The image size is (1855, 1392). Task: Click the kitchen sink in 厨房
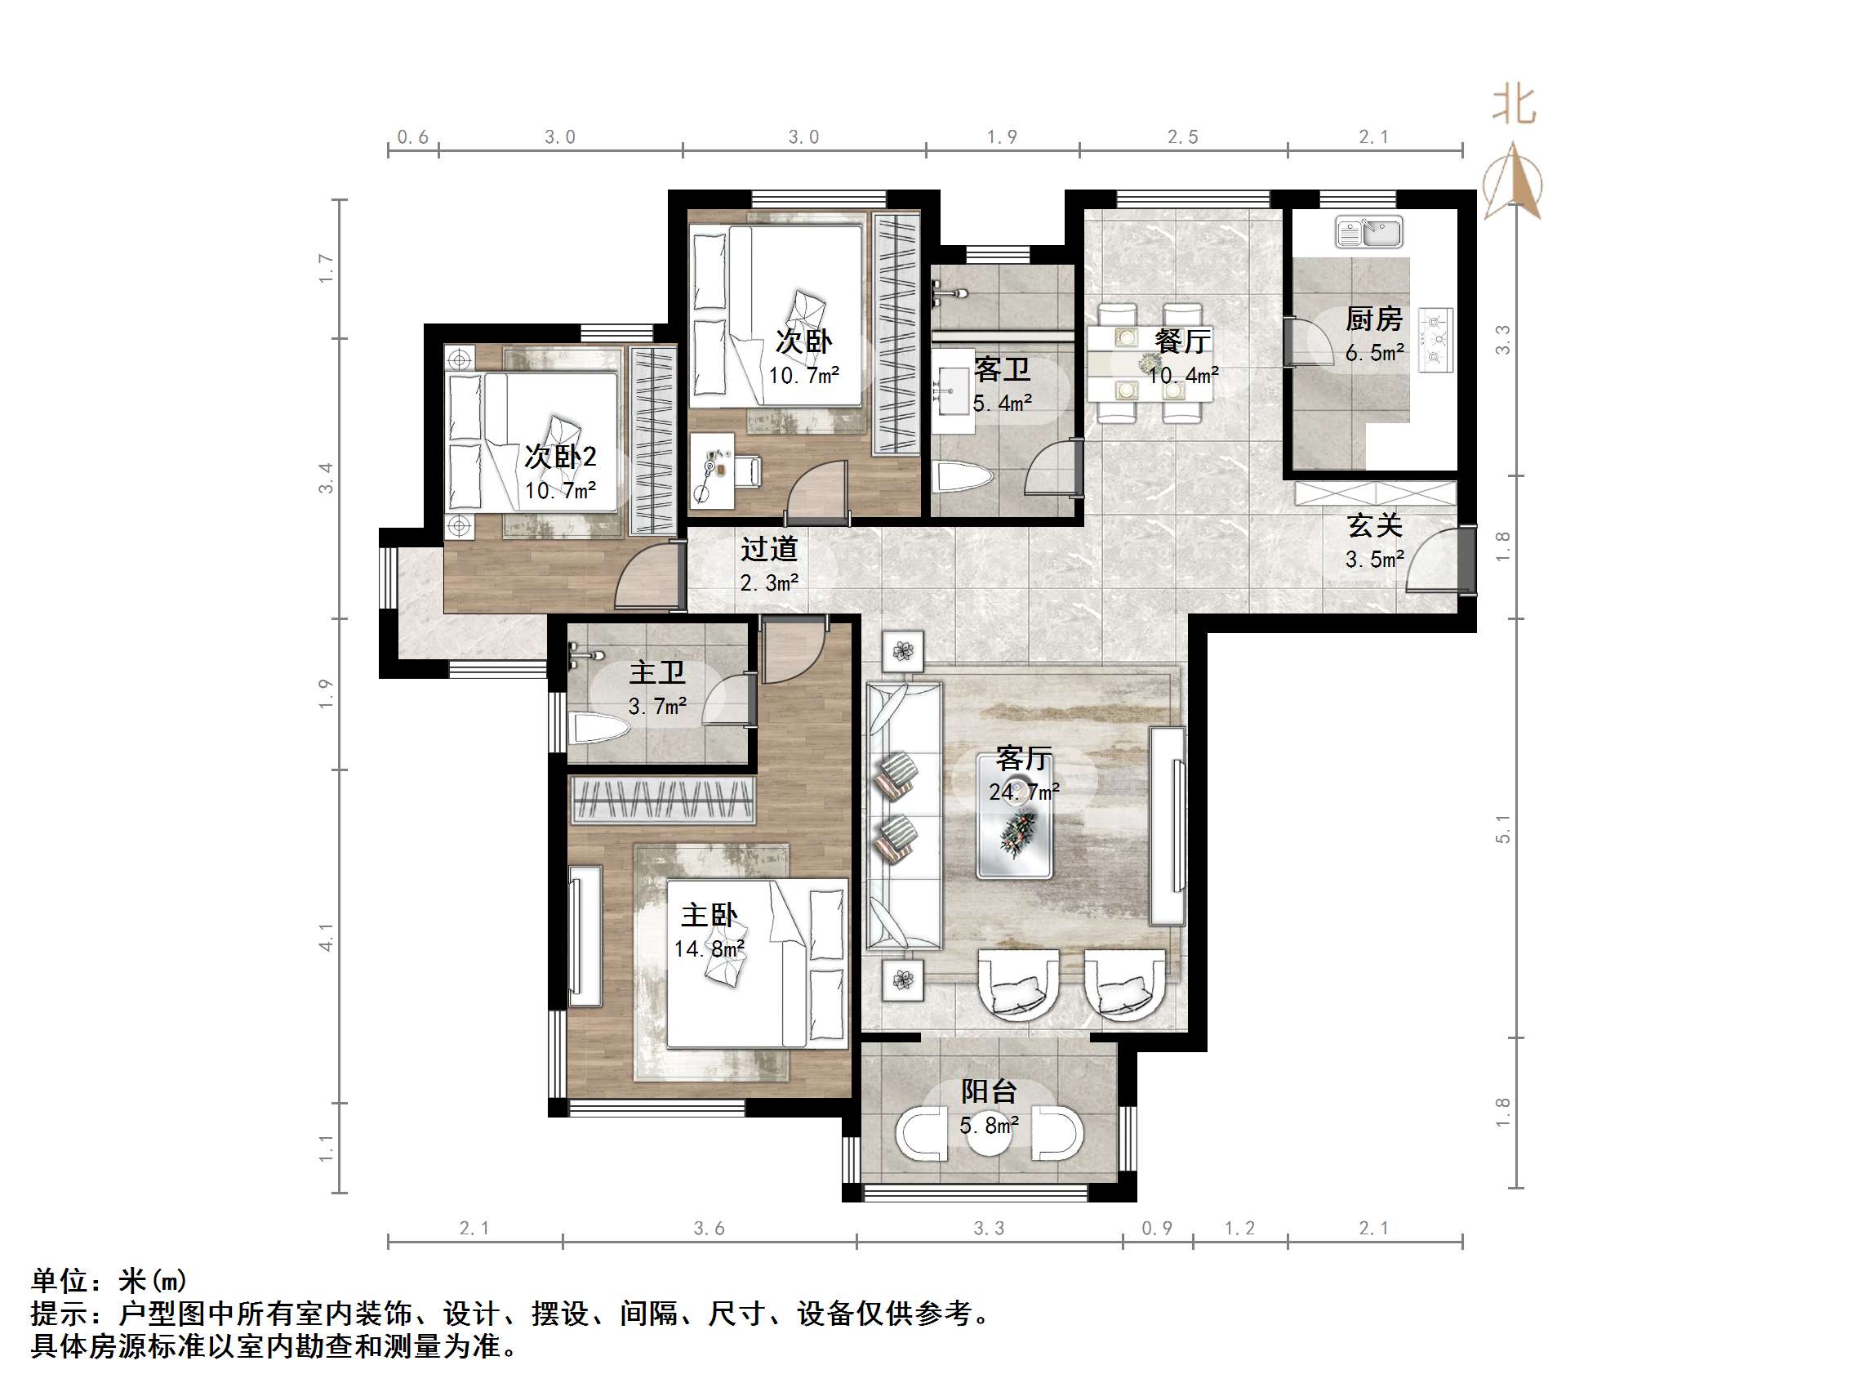pyautogui.click(x=1368, y=233)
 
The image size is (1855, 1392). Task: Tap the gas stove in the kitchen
pyautogui.click(x=1435, y=339)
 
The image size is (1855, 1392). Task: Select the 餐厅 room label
pyautogui.click(x=1181, y=341)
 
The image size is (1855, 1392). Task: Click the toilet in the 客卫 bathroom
pyautogui.click(x=964, y=479)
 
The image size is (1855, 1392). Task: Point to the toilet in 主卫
pyautogui.click(x=597, y=728)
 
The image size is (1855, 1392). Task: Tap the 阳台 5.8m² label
pyautogui.click(x=989, y=1107)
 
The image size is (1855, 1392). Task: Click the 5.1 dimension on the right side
pyautogui.click(x=1503, y=829)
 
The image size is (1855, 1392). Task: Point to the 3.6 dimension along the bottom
pyautogui.click(x=709, y=1229)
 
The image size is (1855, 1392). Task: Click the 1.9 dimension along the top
pyautogui.click(x=1001, y=136)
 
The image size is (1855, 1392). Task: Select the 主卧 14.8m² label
pyautogui.click(x=710, y=930)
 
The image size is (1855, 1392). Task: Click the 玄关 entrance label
pyautogui.click(x=1374, y=526)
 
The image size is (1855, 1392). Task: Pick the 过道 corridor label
pyautogui.click(x=768, y=550)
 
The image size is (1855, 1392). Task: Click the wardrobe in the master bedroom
pyautogui.click(x=662, y=799)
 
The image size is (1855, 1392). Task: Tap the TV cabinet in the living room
pyautogui.click(x=1168, y=826)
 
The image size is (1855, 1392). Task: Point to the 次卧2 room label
pyautogui.click(x=560, y=457)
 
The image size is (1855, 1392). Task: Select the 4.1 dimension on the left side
pyautogui.click(x=327, y=937)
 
